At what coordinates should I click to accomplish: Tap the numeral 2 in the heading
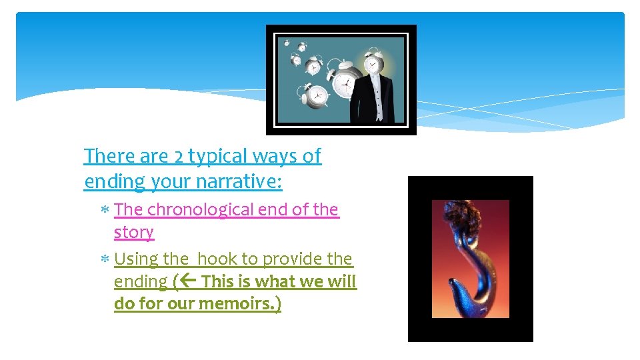[x=178, y=157]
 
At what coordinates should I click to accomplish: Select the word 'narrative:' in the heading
[x=243, y=182]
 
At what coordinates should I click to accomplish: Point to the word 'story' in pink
[x=133, y=232]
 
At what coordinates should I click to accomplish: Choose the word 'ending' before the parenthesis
[x=141, y=282]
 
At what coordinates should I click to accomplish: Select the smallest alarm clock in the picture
[x=287, y=43]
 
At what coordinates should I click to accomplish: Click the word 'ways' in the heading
[x=280, y=157]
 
